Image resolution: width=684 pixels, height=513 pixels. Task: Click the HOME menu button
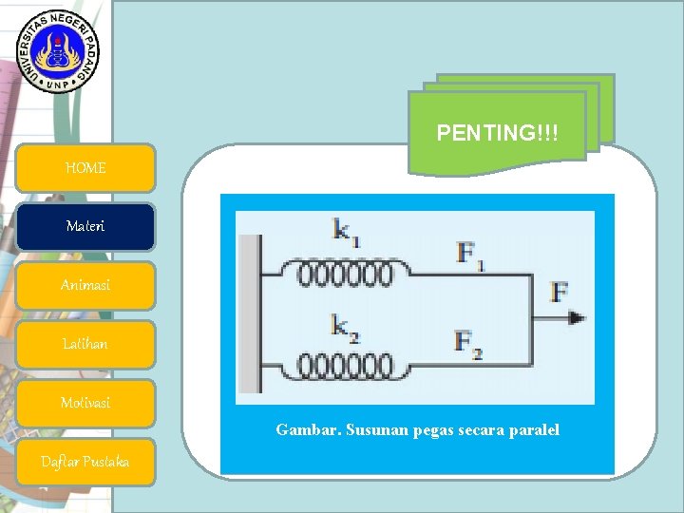85,168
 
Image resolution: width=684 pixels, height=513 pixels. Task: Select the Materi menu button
85,227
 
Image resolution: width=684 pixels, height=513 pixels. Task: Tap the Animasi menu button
85,286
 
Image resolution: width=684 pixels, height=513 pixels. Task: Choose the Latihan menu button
85,344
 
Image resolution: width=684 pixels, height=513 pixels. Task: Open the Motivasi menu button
85,403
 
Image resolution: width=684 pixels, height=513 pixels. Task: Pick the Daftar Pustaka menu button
85,462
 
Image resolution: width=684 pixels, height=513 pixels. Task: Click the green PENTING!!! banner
497,134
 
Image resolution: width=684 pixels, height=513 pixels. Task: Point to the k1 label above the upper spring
346,231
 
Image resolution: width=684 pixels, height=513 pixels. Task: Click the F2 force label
468,344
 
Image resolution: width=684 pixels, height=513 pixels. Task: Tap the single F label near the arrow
559,293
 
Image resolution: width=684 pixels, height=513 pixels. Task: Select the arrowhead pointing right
577,318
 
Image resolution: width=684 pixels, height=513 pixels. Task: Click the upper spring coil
345,275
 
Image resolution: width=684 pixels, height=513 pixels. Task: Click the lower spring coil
345,365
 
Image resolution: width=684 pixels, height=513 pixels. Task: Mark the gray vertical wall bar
251,313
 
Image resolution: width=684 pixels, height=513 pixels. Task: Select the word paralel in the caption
533,430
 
